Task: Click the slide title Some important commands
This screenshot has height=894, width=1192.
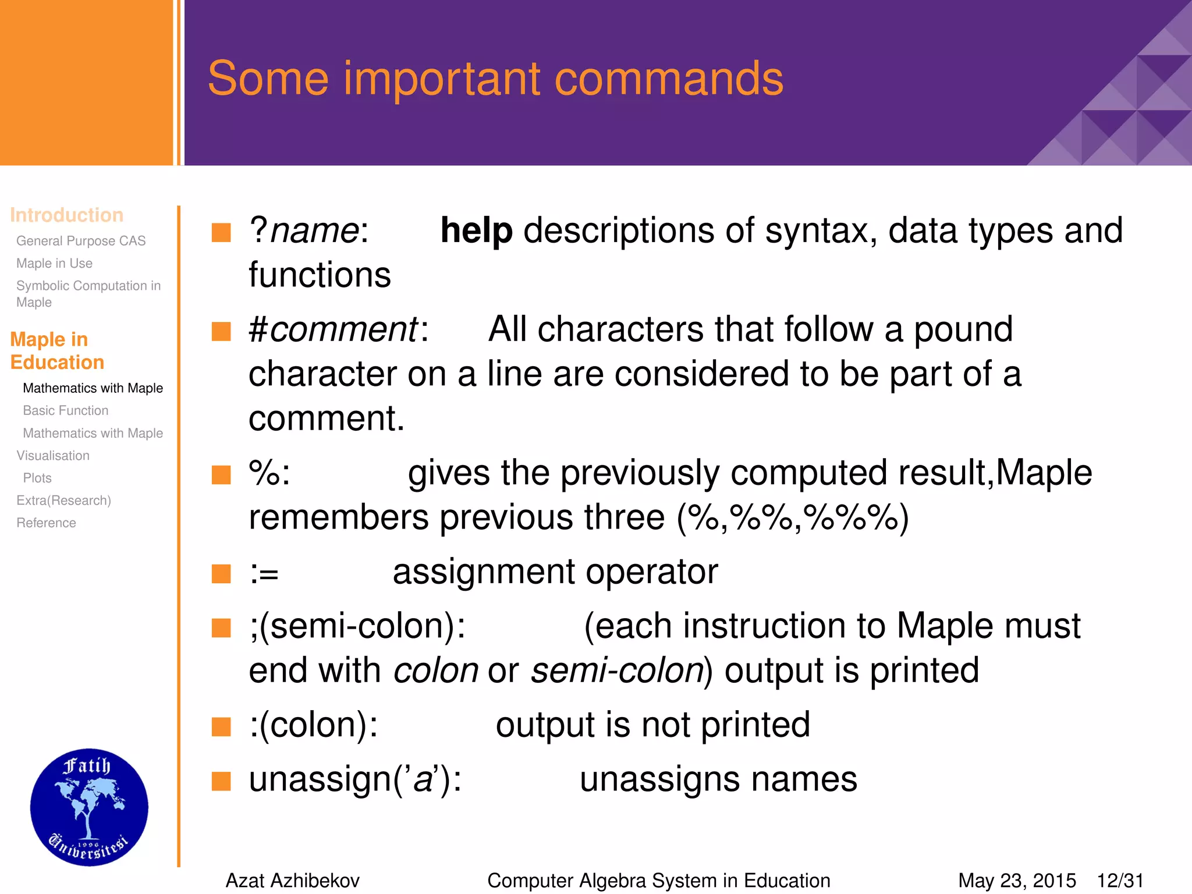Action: pyautogui.click(x=495, y=79)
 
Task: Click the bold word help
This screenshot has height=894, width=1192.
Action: pyautogui.click(x=476, y=231)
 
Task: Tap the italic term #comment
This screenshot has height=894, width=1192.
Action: pyautogui.click(x=334, y=330)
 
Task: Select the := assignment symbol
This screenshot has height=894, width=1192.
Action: pyautogui.click(x=264, y=574)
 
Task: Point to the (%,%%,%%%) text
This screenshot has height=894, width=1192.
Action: pyautogui.click(x=792, y=517)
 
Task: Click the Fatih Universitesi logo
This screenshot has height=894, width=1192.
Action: pyautogui.click(x=89, y=807)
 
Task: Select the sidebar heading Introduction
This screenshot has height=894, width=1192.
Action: pyautogui.click(x=66, y=215)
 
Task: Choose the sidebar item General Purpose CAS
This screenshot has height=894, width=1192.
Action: pyautogui.click(x=81, y=241)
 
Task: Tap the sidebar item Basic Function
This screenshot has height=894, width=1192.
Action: pyautogui.click(x=66, y=411)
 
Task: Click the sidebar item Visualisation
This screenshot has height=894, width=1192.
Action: pyautogui.click(x=53, y=456)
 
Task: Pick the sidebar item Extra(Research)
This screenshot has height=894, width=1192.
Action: pyautogui.click(x=63, y=501)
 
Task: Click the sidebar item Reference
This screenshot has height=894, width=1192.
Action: pyautogui.click(x=46, y=523)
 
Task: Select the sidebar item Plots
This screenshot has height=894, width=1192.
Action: pyautogui.click(x=37, y=478)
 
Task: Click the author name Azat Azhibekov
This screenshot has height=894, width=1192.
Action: pyautogui.click(x=292, y=881)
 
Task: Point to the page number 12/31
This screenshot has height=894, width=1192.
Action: pyautogui.click(x=1120, y=881)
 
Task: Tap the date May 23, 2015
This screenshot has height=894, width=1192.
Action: pyautogui.click(x=1017, y=881)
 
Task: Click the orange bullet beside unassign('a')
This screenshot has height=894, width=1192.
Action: pyautogui.click(x=221, y=781)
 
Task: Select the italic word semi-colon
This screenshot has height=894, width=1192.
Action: pyautogui.click(x=618, y=671)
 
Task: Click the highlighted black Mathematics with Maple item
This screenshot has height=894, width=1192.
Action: pyautogui.click(x=93, y=388)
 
